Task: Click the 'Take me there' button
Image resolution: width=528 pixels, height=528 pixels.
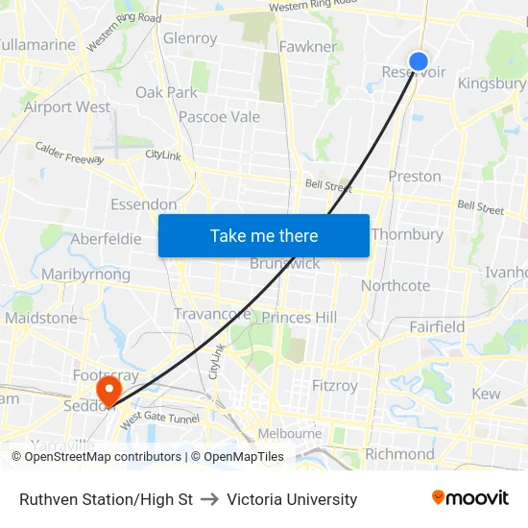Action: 264,235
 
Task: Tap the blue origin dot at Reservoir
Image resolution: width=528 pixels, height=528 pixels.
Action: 419,61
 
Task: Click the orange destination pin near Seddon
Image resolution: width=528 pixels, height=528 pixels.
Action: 108,389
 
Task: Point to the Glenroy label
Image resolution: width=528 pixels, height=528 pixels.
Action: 190,38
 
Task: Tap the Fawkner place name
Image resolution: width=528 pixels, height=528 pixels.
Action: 307,46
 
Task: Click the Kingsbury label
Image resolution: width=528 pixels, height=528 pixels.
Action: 492,84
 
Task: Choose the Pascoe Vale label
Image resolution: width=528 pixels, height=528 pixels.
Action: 219,117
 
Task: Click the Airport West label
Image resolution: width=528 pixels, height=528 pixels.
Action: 67,108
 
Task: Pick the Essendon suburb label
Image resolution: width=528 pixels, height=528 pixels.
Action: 144,204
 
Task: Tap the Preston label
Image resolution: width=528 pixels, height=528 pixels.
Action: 415,177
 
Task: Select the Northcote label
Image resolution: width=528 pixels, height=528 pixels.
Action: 396,286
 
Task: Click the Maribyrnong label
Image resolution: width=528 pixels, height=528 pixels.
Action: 85,275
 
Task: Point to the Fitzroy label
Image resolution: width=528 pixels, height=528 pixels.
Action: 335,386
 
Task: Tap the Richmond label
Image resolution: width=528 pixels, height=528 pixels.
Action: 399,454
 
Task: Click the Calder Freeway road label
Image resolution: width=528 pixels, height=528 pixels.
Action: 69,154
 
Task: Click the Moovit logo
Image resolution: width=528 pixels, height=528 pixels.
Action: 470,498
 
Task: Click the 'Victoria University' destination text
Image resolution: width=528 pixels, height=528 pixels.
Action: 292,499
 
